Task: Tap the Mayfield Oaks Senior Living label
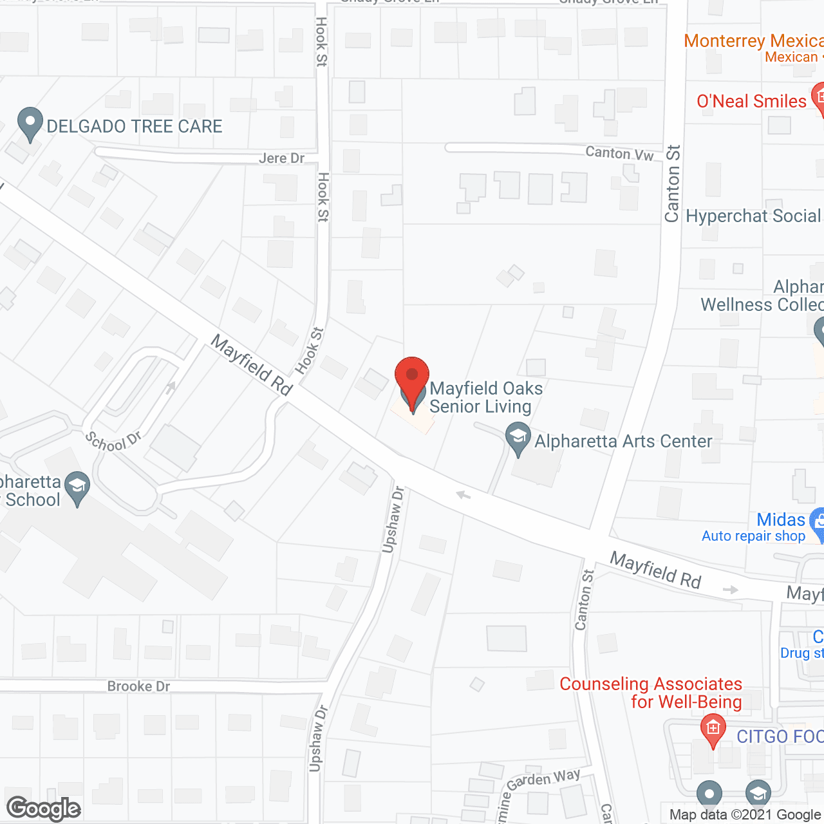click(x=486, y=397)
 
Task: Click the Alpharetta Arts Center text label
click(x=623, y=441)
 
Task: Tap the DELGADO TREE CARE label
click(x=135, y=126)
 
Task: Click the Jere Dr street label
click(x=281, y=158)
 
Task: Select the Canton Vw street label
click(x=619, y=153)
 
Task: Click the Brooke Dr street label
click(x=138, y=686)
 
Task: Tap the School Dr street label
click(x=113, y=442)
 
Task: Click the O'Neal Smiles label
click(x=751, y=101)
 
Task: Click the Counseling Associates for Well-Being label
click(x=651, y=693)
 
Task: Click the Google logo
click(x=44, y=809)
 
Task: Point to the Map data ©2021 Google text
click(x=745, y=815)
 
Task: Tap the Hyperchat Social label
click(x=753, y=216)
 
